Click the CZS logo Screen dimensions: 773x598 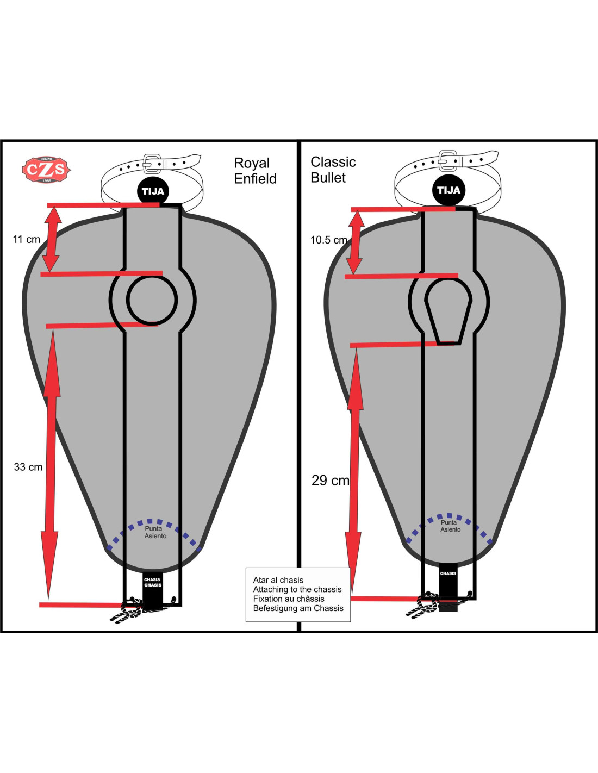click(46, 170)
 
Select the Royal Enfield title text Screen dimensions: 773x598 click(255, 171)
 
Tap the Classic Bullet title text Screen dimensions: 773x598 click(333, 170)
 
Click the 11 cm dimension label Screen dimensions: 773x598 click(27, 239)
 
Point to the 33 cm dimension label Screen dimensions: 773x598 click(28, 467)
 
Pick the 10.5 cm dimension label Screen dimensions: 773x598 click(328, 240)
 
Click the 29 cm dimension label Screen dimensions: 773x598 click(330, 481)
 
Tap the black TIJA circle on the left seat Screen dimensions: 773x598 click(153, 191)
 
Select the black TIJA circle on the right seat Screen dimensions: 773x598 click(448, 190)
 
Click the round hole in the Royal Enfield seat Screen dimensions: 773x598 click(152, 300)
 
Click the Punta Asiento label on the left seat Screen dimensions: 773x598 click(155, 532)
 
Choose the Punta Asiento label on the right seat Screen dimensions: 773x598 click(450, 526)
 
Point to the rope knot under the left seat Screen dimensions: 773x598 click(128, 610)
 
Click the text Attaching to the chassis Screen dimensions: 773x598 click(297, 589)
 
